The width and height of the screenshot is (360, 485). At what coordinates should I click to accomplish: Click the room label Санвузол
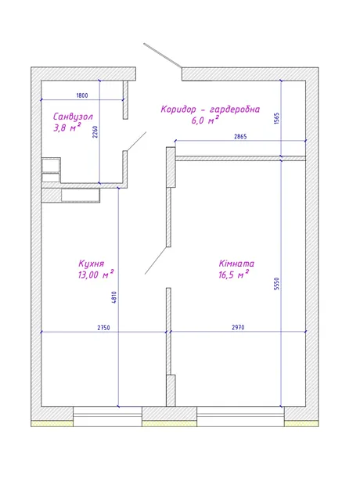tap(73, 117)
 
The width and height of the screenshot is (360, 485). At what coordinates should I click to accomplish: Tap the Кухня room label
tap(92, 264)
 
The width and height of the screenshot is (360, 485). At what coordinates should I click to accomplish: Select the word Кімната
tap(236, 264)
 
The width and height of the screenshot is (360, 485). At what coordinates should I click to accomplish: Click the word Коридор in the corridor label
tap(178, 110)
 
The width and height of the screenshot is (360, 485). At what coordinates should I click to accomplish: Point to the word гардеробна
tap(235, 110)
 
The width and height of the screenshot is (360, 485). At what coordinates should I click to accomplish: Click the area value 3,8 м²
tap(67, 128)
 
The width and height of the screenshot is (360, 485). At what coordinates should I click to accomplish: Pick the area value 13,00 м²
tap(96, 275)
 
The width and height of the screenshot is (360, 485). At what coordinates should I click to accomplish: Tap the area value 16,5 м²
tap(234, 275)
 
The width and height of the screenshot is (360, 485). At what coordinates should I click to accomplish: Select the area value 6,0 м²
tap(205, 120)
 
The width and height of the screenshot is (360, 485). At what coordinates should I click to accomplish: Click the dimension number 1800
tap(82, 95)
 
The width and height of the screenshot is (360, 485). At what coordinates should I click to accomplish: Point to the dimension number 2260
tap(95, 131)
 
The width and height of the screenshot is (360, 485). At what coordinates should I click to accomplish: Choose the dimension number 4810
tap(114, 297)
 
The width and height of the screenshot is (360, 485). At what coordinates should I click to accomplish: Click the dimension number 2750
tap(104, 328)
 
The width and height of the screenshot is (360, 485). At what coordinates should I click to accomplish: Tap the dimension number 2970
tap(238, 327)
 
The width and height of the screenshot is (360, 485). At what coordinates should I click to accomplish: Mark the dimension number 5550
tap(276, 284)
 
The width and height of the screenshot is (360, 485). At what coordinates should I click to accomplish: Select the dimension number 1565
tap(276, 118)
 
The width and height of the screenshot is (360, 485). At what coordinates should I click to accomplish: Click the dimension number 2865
tap(240, 136)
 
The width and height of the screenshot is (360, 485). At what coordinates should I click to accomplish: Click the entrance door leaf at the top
tap(163, 56)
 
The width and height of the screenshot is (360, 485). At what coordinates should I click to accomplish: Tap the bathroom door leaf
tap(136, 142)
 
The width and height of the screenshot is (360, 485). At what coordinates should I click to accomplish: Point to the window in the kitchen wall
tap(107, 417)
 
